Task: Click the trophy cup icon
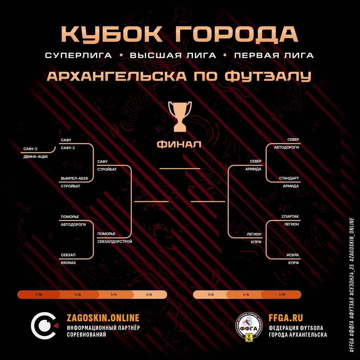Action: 180,116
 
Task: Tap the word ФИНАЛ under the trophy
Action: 179,145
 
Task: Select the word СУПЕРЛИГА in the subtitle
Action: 78,55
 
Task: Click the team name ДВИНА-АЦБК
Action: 35,157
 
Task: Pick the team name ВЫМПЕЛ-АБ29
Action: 74,178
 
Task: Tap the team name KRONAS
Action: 68,263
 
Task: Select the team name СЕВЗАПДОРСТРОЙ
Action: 115,241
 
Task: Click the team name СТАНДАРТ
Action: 289,178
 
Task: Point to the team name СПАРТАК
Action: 290,217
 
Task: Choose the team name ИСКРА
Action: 292,255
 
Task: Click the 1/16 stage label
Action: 38,295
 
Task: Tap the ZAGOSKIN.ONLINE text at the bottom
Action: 103,318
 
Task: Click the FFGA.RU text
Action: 286,318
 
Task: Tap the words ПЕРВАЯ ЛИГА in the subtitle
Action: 274,55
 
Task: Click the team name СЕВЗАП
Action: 68,255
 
